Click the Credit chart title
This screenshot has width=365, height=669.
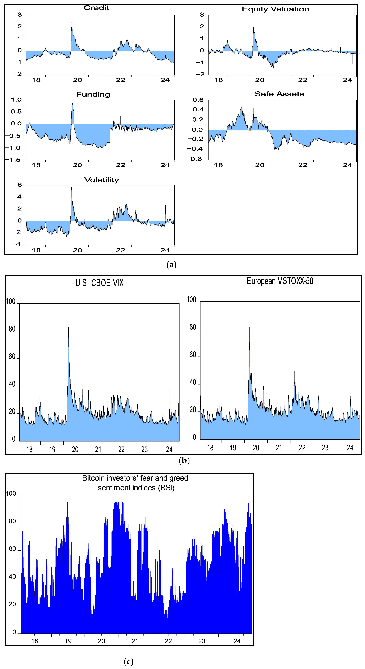pyautogui.click(x=96, y=8)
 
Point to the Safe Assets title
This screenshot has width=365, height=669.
pyautogui.click(x=279, y=94)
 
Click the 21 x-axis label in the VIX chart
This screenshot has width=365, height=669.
pyautogui.click(x=98, y=450)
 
